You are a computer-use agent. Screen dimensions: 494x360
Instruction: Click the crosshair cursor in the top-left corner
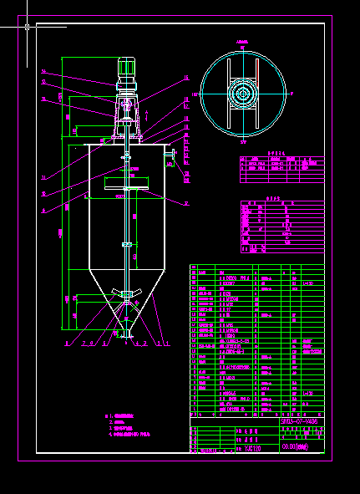tap(28, 27)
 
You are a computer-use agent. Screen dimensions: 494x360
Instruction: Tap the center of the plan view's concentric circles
tap(243, 94)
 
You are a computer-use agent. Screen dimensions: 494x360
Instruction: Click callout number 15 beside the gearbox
tap(185, 78)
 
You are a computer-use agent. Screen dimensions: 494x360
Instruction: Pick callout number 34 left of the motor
tap(43, 72)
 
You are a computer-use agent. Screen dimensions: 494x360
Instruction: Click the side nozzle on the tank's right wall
tap(169, 155)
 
